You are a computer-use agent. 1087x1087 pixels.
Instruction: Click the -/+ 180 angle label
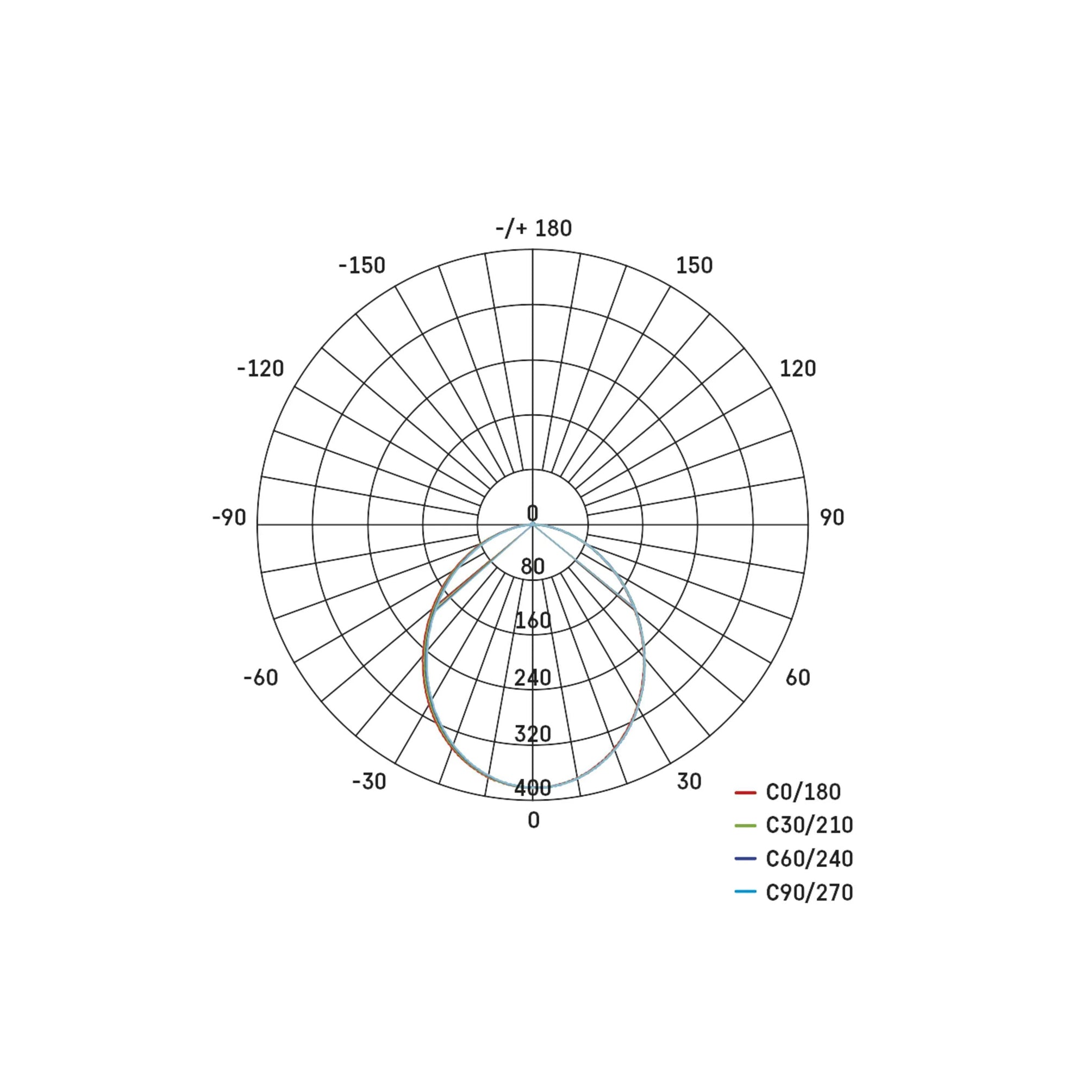coord(533,228)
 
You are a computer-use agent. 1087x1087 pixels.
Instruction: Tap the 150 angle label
coord(694,266)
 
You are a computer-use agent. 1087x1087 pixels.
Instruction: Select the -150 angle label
coord(362,266)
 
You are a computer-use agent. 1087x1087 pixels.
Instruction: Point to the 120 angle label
coord(797,368)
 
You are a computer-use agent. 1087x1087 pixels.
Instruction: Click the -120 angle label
coord(260,369)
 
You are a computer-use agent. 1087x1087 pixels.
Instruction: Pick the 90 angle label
coord(832,517)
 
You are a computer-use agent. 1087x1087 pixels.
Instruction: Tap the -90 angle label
coord(229,517)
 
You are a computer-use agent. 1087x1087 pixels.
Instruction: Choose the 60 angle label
coord(798,677)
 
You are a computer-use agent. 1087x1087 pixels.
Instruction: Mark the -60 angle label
coord(260,677)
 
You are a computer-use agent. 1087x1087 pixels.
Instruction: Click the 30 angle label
coord(689,782)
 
